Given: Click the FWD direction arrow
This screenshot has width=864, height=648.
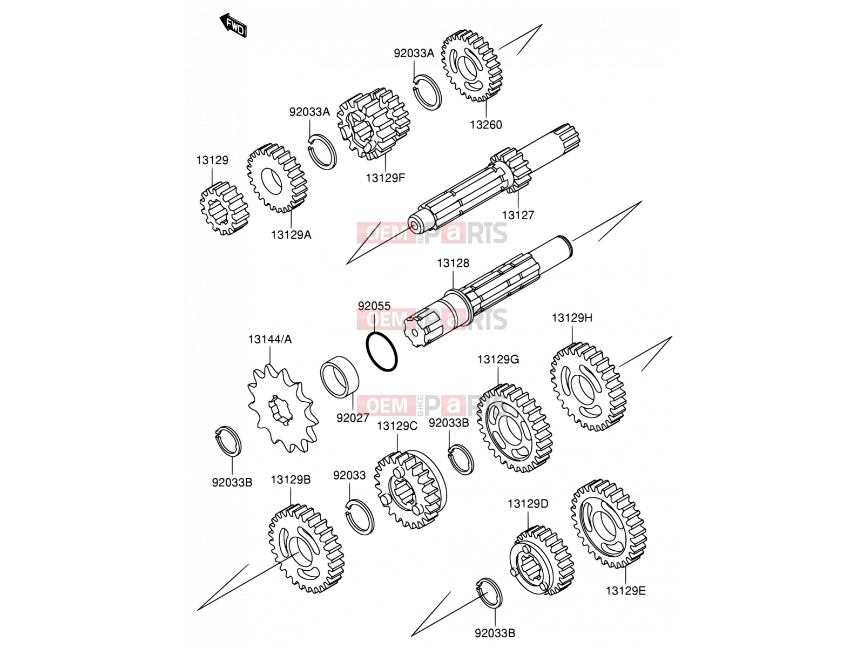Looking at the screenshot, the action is point(233,25).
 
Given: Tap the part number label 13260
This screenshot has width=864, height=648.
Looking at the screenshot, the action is point(485,125).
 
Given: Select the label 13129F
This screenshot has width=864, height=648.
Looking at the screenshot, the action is point(385,178).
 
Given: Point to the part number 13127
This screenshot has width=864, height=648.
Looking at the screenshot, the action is point(518,215).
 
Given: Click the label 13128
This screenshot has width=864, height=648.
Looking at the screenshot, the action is point(453,263).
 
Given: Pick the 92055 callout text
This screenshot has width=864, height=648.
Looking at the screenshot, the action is point(374,306).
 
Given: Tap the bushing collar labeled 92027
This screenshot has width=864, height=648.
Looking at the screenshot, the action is point(339,377).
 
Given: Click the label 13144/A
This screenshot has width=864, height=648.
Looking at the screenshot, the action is point(269,339).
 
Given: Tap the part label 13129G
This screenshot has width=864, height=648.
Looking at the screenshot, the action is point(498,359).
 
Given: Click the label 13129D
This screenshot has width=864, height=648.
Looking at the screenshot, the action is point(528,504).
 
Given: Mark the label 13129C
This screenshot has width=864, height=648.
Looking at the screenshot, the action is point(397,426).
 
